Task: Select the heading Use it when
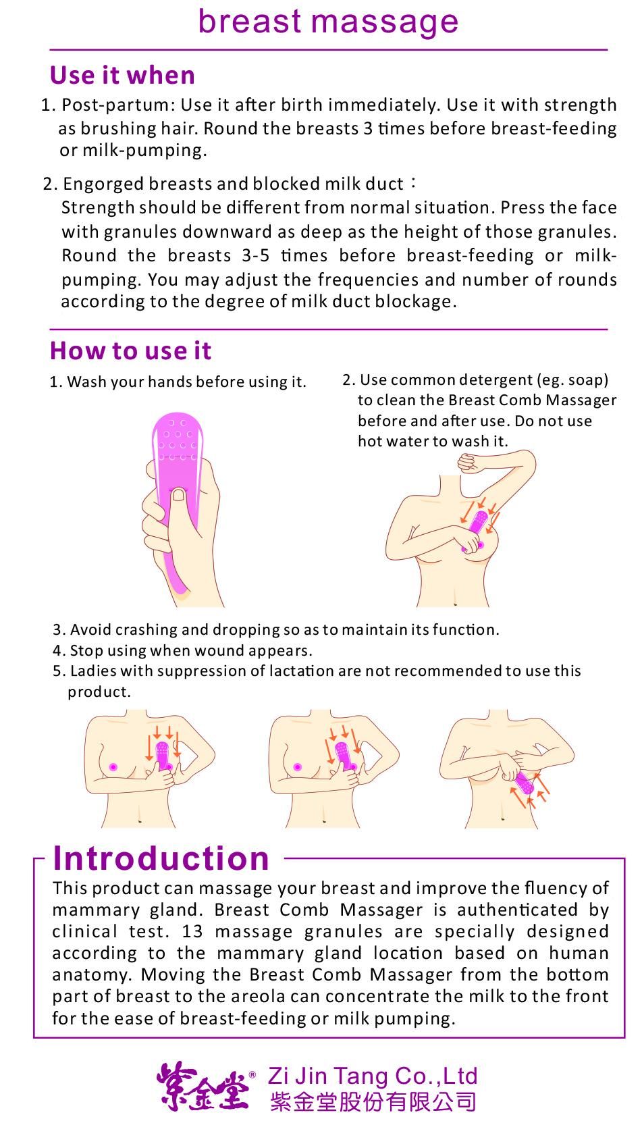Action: pyautogui.click(x=123, y=75)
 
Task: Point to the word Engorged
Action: pyautogui.click(x=103, y=184)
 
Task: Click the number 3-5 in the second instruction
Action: pyautogui.click(x=255, y=255)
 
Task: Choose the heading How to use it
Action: pyautogui.click(x=130, y=350)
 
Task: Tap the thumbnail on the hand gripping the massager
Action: pyautogui.click(x=179, y=494)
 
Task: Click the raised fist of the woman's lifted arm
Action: pyautogui.click(x=471, y=462)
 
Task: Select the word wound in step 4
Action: pyautogui.click(x=221, y=650)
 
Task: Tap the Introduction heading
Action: pyautogui.click(x=161, y=859)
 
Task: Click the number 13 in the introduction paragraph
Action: pyautogui.click(x=192, y=931)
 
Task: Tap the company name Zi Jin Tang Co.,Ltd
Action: pyautogui.click(x=373, y=1076)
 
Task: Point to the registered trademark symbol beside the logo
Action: pyautogui.click(x=252, y=1074)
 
